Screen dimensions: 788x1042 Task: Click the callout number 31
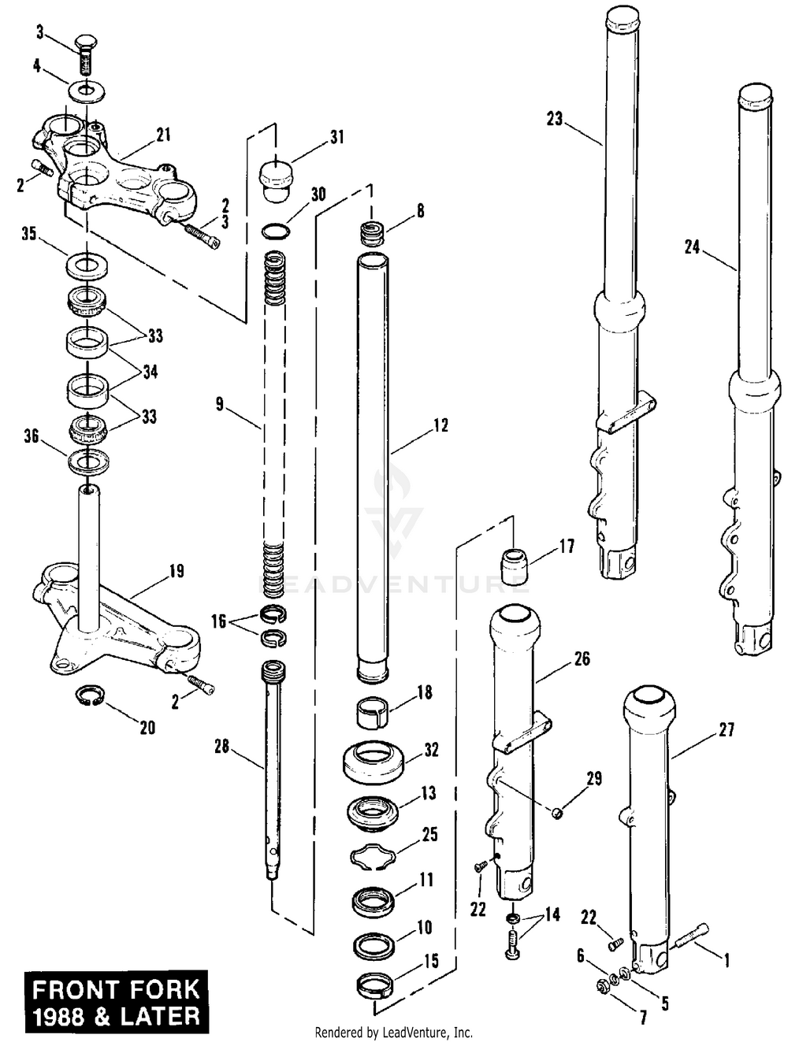point(336,137)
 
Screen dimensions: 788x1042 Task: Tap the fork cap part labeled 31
point(275,182)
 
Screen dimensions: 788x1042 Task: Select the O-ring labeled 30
point(276,232)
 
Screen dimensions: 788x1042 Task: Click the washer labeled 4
point(87,91)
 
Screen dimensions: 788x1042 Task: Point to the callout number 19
point(177,571)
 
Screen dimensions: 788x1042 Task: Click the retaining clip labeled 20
point(90,696)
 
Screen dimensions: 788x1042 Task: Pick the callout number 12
point(440,425)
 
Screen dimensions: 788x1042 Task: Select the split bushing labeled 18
point(373,712)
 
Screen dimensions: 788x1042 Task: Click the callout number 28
point(221,747)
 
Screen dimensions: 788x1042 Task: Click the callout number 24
point(692,247)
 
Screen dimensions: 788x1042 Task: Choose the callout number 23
point(554,119)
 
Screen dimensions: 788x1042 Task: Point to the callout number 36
point(32,436)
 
